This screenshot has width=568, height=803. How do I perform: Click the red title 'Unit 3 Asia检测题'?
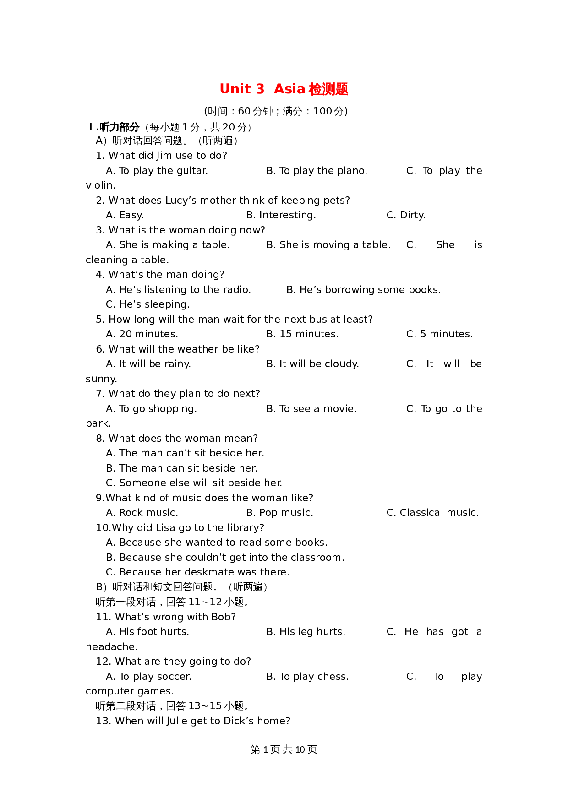tap(284, 89)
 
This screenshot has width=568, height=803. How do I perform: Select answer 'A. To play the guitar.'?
tap(157, 171)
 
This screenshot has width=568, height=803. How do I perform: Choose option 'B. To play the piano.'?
tap(317, 171)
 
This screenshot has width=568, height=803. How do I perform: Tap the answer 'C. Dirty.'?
tap(406, 215)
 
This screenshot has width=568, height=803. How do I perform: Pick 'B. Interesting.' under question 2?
tap(281, 215)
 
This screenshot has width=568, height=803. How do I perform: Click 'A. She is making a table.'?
tap(168, 245)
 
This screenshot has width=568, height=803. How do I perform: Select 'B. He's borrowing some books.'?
tap(363, 290)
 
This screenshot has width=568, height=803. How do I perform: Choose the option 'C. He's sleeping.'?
tap(147, 304)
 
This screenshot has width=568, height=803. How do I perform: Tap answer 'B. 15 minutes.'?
tap(302, 334)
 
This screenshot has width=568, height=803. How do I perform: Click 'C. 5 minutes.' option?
tap(439, 334)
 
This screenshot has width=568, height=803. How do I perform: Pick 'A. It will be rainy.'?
tap(148, 364)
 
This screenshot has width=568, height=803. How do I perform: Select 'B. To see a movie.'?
tap(311, 409)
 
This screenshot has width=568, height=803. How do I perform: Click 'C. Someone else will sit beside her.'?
tap(194, 483)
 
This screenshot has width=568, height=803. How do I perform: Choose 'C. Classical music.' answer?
tap(432, 513)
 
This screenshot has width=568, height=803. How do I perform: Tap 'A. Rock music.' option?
tap(142, 513)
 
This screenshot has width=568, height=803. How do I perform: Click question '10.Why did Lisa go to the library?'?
tap(180, 528)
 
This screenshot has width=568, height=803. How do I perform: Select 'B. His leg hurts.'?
tap(306, 632)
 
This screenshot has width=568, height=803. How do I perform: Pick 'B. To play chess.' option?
tap(307, 677)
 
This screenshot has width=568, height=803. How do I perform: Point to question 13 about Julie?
tap(193, 721)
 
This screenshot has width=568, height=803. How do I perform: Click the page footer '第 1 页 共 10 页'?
tap(284, 749)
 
